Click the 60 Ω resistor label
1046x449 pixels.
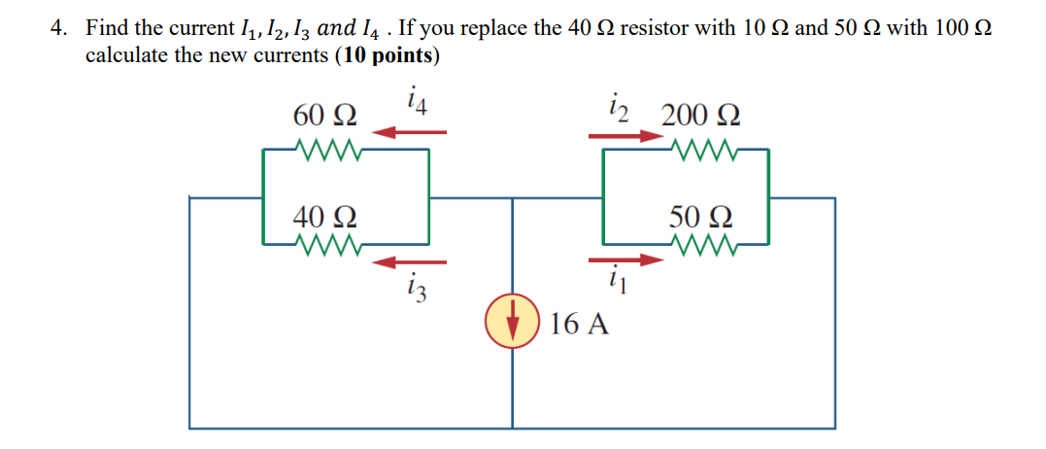tap(324, 117)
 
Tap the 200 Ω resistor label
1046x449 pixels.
tap(700, 117)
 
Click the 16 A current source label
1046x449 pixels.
tap(579, 324)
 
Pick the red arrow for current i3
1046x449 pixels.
tap(409, 261)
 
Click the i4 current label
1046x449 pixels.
tap(417, 99)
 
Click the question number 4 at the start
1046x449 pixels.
tap(59, 28)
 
